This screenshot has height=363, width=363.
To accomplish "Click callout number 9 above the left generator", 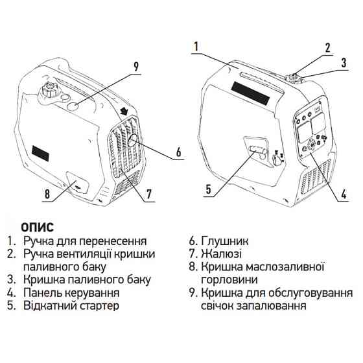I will pyautogui.click(x=136, y=65).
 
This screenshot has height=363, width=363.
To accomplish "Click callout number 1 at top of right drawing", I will pyautogui.click(x=195, y=47).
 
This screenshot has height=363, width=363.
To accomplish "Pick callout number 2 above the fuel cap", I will pyautogui.click(x=327, y=47).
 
